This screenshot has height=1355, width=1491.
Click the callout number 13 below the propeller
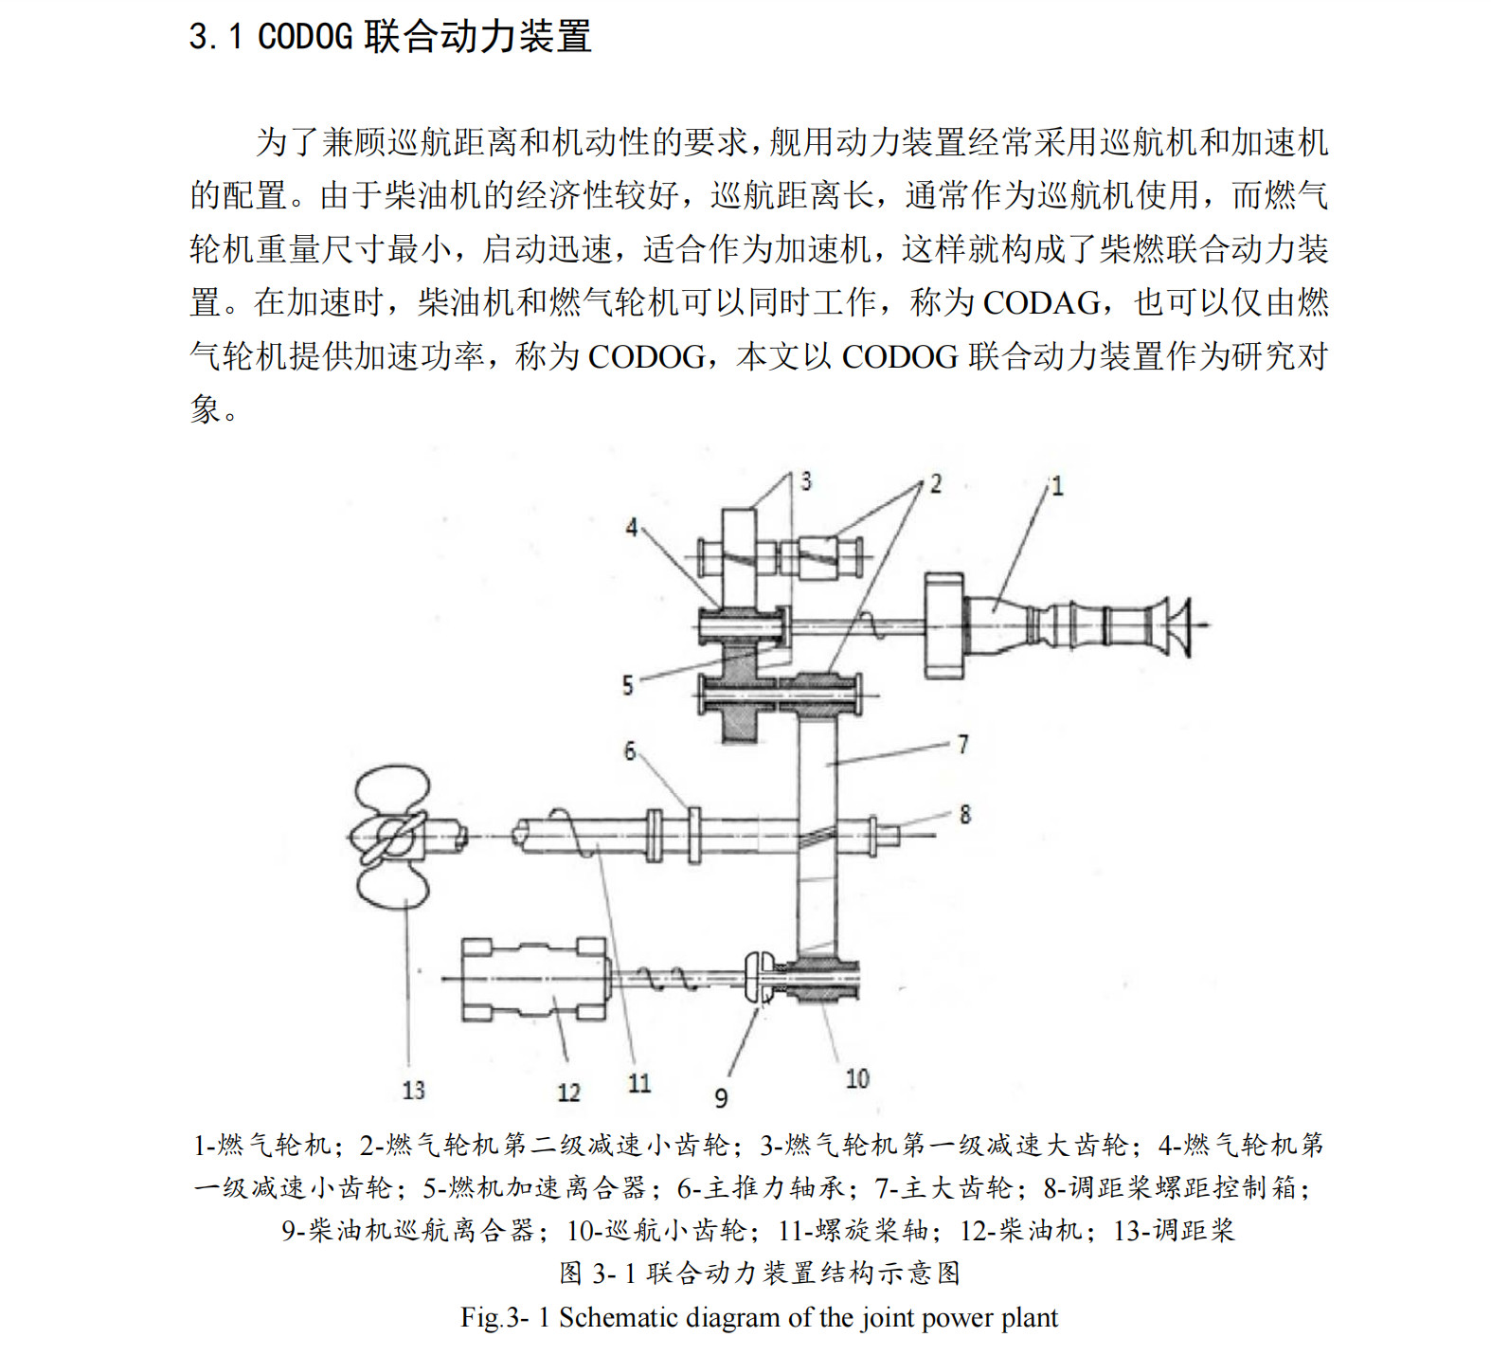pos(413,1091)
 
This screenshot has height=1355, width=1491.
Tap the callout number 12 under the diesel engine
pos(568,1093)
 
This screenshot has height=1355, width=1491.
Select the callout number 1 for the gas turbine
pos(1057,487)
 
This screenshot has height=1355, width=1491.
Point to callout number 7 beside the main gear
pos(962,745)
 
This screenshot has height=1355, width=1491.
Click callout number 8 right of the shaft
pos(964,814)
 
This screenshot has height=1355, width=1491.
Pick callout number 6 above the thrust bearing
pos(630,751)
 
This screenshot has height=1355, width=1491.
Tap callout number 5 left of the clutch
pos(627,685)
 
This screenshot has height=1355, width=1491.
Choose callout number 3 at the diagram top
pos(806,481)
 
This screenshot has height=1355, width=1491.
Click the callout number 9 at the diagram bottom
pos(721,1098)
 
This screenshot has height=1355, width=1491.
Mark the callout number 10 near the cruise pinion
pos(857,1078)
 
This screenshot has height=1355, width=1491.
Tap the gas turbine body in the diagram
pos(1061,624)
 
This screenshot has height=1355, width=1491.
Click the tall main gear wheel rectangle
pos(817,834)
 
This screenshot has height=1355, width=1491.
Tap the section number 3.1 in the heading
pos(216,37)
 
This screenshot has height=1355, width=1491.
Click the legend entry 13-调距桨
pos(1175,1230)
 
